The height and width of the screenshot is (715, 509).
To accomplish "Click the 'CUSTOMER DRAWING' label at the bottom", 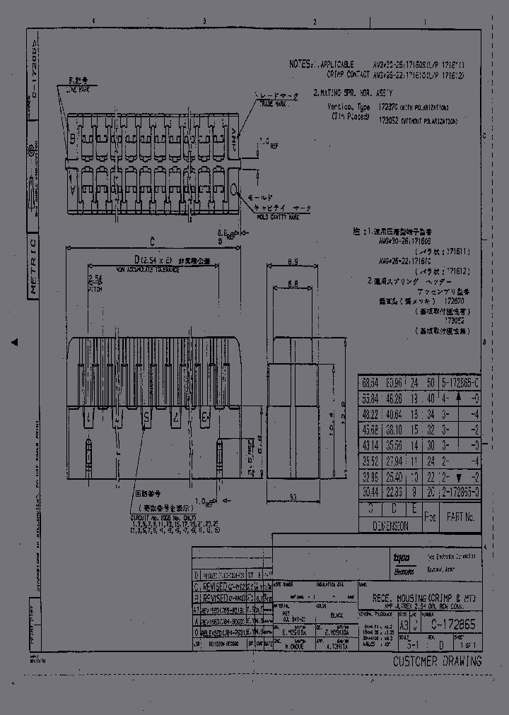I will pos(437,661).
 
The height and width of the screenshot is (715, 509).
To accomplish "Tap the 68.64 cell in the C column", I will pos(368,382).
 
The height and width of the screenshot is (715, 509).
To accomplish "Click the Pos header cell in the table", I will pos(430,517).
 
